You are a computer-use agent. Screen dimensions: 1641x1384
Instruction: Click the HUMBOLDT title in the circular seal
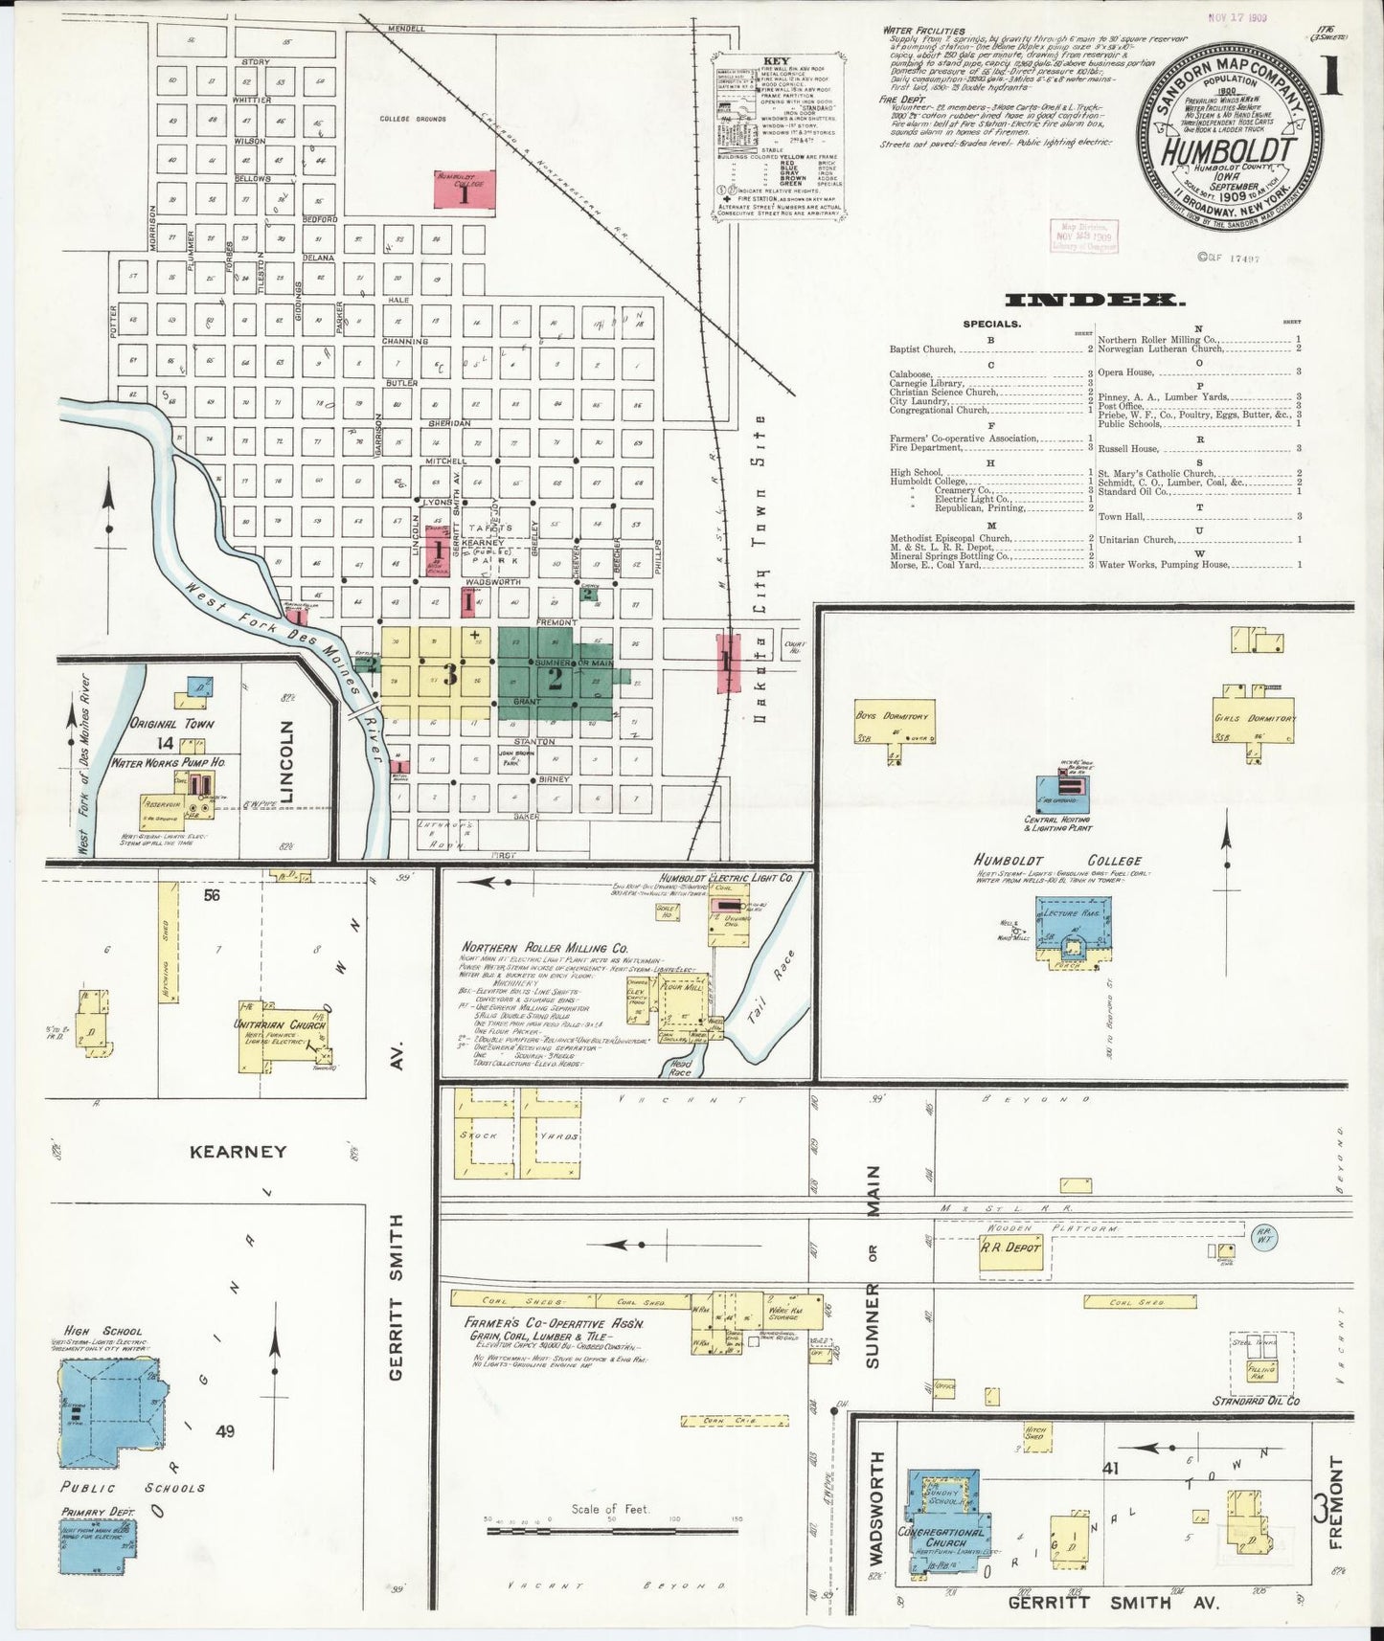click(1230, 152)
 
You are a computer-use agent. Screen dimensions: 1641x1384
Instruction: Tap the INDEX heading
click(1091, 302)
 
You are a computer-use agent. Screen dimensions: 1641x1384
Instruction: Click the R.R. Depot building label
click(1010, 1248)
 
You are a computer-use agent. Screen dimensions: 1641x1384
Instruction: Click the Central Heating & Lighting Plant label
click(1057, 823)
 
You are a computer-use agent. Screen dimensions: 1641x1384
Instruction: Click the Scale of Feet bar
click(613, 1531)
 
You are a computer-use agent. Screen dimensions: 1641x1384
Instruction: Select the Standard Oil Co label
click(1256, 1401)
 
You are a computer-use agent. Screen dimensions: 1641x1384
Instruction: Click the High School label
click(102, 1331)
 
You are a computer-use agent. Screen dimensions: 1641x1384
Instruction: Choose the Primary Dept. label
click(99, 1512)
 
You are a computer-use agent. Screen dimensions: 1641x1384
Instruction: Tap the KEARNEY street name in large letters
click(238, 1152)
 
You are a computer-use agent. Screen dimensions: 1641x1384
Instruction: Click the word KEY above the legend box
click(776, 61)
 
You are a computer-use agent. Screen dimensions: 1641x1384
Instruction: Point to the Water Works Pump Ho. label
click(169, 763)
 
